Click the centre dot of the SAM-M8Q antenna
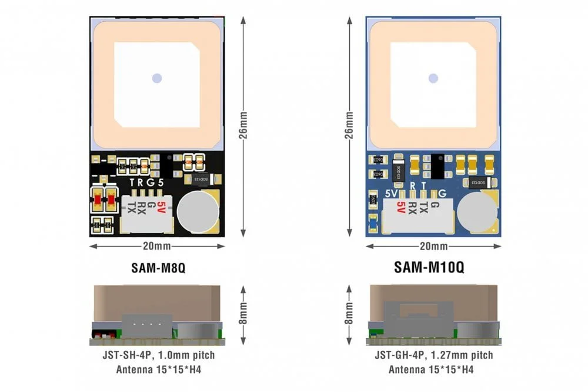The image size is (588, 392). click(x=156, y=78)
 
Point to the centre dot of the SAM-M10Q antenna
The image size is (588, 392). click(x=433, y=78)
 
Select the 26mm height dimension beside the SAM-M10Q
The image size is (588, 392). click(x=350, y=127)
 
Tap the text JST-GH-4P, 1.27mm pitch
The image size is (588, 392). click(x=433, y=355)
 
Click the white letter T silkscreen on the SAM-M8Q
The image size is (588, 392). click(x=131, y=182)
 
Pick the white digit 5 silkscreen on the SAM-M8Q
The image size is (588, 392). click(x=161, y=182)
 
